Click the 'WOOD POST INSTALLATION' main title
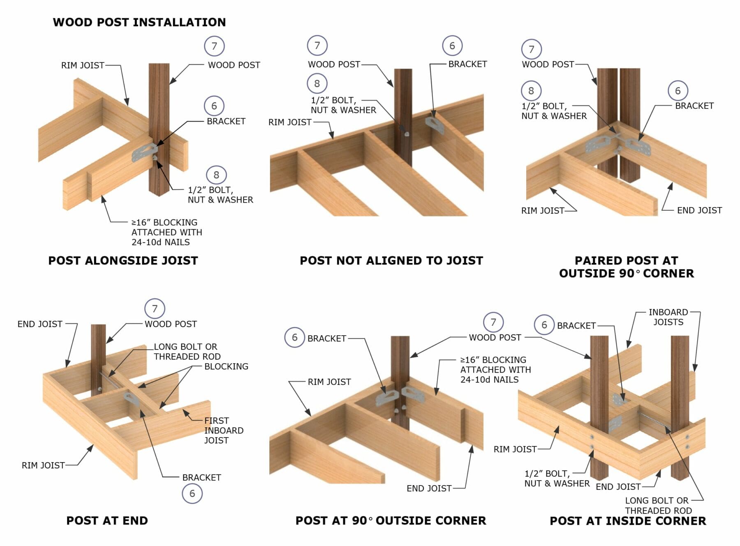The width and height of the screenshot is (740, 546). [139, 22]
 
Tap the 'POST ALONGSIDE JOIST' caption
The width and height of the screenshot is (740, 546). [123, 260]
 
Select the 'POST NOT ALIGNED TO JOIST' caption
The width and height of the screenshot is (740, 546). [391, 260]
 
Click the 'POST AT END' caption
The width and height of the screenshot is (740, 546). [107, 521]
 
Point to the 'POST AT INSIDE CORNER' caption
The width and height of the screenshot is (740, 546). [628, 521]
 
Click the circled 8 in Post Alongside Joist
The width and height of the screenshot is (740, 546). [216, 175]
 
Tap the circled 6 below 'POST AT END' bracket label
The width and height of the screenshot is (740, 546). [192, 493]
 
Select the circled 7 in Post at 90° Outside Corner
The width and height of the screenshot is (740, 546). [493, 323]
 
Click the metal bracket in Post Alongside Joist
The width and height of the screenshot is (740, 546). [142, 153]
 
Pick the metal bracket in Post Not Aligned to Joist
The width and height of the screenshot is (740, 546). [434, 125]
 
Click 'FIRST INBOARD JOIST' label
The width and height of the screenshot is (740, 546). [224, 431]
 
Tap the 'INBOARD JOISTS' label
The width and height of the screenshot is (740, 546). [668, 317]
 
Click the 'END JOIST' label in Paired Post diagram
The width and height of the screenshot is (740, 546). [699, 210]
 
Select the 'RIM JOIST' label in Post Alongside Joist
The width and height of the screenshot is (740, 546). [83, 65]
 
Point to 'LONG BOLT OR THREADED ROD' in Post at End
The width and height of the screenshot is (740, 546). [187, 352]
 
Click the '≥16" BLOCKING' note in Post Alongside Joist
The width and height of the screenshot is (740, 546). [166, 232]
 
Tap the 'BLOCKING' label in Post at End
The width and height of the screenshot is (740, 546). [226, 366]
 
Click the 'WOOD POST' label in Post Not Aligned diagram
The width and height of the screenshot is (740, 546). [334, 65]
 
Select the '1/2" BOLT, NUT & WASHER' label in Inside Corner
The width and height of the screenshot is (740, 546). [557, 479]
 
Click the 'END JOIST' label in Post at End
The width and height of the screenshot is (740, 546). [40, 324]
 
